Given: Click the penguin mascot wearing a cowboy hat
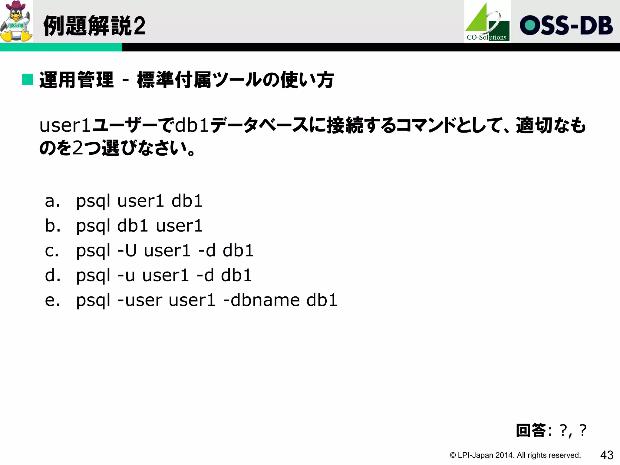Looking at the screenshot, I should point(16,21).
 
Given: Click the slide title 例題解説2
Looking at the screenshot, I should point(94,26).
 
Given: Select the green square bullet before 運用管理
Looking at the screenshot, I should point(28,80).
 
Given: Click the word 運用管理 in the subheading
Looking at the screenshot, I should point(76,80).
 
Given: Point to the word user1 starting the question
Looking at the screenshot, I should point(65,125).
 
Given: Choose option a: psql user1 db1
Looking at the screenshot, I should point(139,201).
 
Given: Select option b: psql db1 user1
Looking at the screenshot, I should point(139,226).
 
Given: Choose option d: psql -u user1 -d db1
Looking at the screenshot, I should point(164,275).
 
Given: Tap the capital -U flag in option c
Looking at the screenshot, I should point(127,251).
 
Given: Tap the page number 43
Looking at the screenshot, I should point(607,455).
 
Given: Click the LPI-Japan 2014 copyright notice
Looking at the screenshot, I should point(515,455).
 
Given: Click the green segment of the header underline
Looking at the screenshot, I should point(61,47).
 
